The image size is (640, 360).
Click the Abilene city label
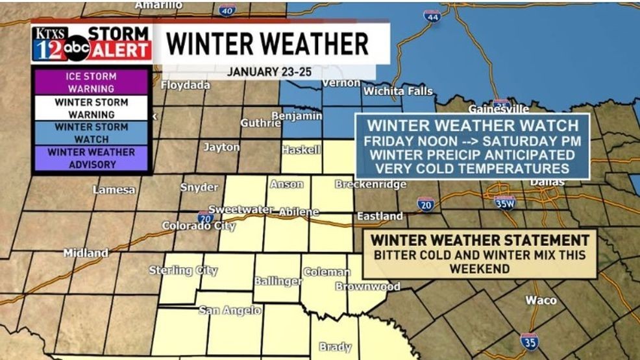pyautogui.click(x=299, y=211)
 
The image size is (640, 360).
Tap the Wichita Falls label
pyautogui.click(x=397, y=91)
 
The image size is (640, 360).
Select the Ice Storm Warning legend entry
pyautogui.click(x=91, y=82)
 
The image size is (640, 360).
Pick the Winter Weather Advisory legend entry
pyautogui.click(x=91, y=158)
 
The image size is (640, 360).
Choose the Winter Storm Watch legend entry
pyautogui.click(x=91, y=132)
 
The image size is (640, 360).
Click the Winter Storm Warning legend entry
pyautogui.click(x=91, y=108)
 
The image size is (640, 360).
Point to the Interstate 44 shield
pyautogui.click(x=432, y=16)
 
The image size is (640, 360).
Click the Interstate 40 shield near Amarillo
pyautogui.click(x=227, y=10)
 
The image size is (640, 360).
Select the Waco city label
pyautogui.click(x=541, y=300)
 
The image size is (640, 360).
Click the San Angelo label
pyautogui.click(x=230, y=311)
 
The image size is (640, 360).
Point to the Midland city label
pyautogui.click(x=86, y=253)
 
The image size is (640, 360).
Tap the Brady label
pyautogui.click(x=335, y=347)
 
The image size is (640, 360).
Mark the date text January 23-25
pyautogui.click(x=269, y=71)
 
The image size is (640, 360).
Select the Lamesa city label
pyautogui.click(x=114, y=190)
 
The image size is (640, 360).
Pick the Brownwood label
pyautogui.click(x=367, y=286)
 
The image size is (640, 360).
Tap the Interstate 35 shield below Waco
pyautogui.click(x=528, y=341)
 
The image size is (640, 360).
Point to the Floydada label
pyautogui.click(x=186, y=85)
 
